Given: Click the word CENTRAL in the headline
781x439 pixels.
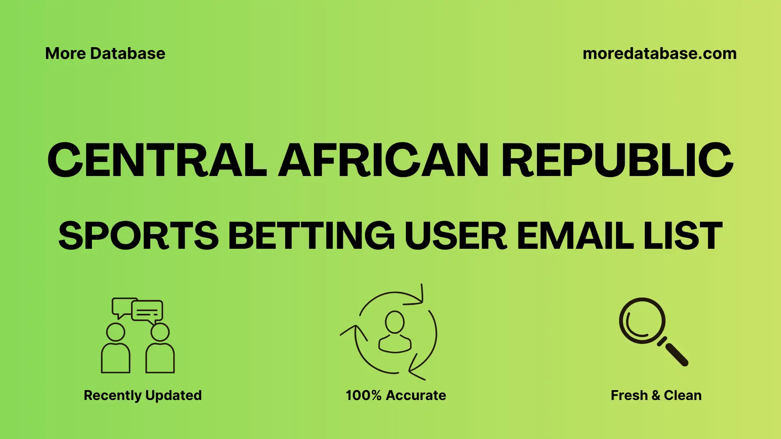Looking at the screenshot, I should [157, 160].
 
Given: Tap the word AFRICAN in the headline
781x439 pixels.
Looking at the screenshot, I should [383, 160].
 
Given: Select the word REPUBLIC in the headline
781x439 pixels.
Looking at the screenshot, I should [617, 160].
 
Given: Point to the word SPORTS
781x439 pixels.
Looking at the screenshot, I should [138, 236].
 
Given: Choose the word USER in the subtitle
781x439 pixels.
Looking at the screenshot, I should [456, 236].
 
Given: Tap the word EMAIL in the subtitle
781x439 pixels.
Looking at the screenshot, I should [575, 236].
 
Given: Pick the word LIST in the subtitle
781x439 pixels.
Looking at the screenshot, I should [683, 236].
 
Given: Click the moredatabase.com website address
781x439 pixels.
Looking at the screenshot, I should [659, 54].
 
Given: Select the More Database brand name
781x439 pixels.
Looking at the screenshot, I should [105, 54].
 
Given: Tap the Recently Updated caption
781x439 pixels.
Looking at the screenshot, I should [142, 395].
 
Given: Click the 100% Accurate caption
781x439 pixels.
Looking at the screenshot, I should [396, 395].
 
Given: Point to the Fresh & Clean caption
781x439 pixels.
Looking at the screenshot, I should [656, 395].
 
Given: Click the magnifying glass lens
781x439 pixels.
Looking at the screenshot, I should [642, 321].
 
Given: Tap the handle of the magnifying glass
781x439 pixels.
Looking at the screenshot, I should [676, 354].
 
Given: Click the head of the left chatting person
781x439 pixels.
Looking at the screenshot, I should [116, 332].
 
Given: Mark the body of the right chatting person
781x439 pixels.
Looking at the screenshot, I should [160, 358].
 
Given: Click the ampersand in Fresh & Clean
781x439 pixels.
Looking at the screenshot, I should [655, 396].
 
